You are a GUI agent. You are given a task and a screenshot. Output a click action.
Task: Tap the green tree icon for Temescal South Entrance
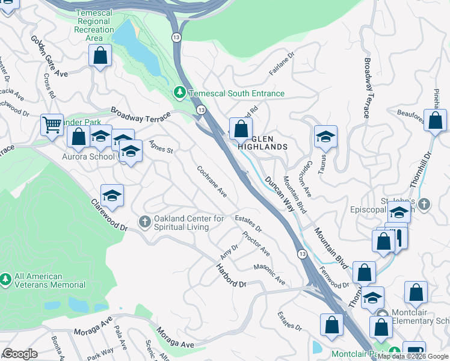[x=179, y=93]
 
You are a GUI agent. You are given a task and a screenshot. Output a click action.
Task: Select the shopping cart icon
[x=52, y=126]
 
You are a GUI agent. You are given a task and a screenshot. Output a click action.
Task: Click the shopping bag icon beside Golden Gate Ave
[x=100, y=55]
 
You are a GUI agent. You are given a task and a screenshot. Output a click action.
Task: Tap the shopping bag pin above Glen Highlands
[x=241, y=128]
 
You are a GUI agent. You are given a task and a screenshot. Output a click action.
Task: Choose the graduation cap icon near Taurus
[x=325, y=137]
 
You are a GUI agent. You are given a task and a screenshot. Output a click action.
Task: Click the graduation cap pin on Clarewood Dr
[x=112, y=196]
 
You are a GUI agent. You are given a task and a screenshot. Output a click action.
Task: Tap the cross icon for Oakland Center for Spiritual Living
[x=144, y=223]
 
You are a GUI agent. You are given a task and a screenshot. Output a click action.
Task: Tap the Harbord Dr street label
[x=232, y=274]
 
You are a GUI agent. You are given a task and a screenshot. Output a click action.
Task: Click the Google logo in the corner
[x=20, y=354]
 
